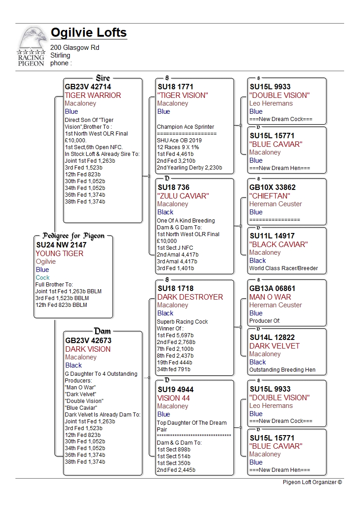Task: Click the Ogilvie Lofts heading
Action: pyautogui.click(x=88, y=33)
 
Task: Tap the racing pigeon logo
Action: pyautogui.click(x=32, y=47)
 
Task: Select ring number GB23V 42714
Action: pyautogui.click(x=88, y=87)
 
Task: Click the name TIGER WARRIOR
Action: pyautogui.click(x=93, y=95)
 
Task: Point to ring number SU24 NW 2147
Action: pyautogui.click(x=61, y=245)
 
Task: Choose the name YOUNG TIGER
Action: pyautogui.click(x=59, y=253)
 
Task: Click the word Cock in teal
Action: pyautogui.click(x=43, y=277)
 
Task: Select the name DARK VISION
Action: pyautogui.click(x=88, y=349)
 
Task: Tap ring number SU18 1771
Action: pyautogui.click(x=175, y=87)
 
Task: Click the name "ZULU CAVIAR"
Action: pyautogui.click(x=183, y=196)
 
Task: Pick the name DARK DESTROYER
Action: pyautogui.click(x=190, y=297)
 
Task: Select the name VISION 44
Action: pyautogui.click(x=174, y=398)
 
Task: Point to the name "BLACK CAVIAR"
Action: pyautogui.click(x=278, y=244)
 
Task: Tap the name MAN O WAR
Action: pyautogui.click(x=270, y=297)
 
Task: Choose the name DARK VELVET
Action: pyautogui.click(x=274, y=346)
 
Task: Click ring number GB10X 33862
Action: pyautogui.click(x=272, y=187)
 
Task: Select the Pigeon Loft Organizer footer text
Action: pyautogui.click(x=312, y=482)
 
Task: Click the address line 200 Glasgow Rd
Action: pyautogui.click(x=75, y=48)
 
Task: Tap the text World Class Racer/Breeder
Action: pyautogui.click(x=283, y=268)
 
